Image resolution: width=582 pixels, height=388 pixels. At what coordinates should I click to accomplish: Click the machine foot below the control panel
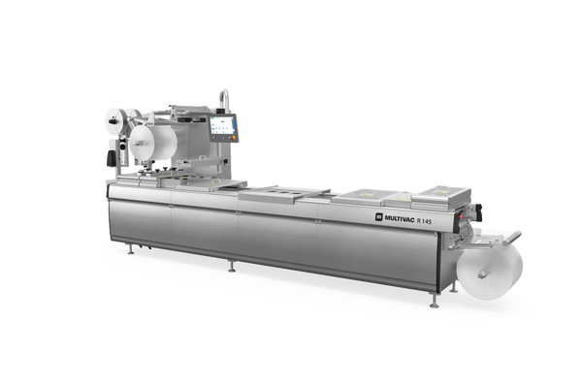(231, 268)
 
